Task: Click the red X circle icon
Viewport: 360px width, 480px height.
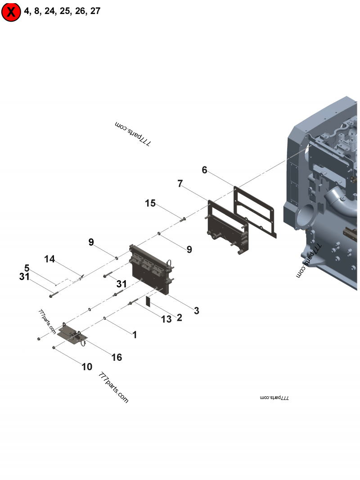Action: click(x=11, y=12)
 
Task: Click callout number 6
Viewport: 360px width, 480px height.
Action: click(x=204, y=170)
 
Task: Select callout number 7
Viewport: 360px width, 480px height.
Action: click(x=180, y=184)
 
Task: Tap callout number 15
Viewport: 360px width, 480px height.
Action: click(x=150, y=203)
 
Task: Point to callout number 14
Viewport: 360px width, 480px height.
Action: click(x=49, y=259)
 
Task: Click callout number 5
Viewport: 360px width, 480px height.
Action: click(x=27, y=268)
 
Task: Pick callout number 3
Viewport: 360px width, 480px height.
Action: click(x=196, y=310)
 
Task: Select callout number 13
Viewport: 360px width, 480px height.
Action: click(x=166, y=319)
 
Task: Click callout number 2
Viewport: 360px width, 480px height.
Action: click(x=179, y=318)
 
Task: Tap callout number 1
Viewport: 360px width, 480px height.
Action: click(x=134, y=335)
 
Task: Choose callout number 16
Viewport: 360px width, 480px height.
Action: click(x=117, y=357)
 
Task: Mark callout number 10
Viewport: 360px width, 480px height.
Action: click(x=87, y=367)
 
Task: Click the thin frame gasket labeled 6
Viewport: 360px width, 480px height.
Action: click(x=255, y=211)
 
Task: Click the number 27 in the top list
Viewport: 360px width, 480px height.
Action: click(x=95, y=11)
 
